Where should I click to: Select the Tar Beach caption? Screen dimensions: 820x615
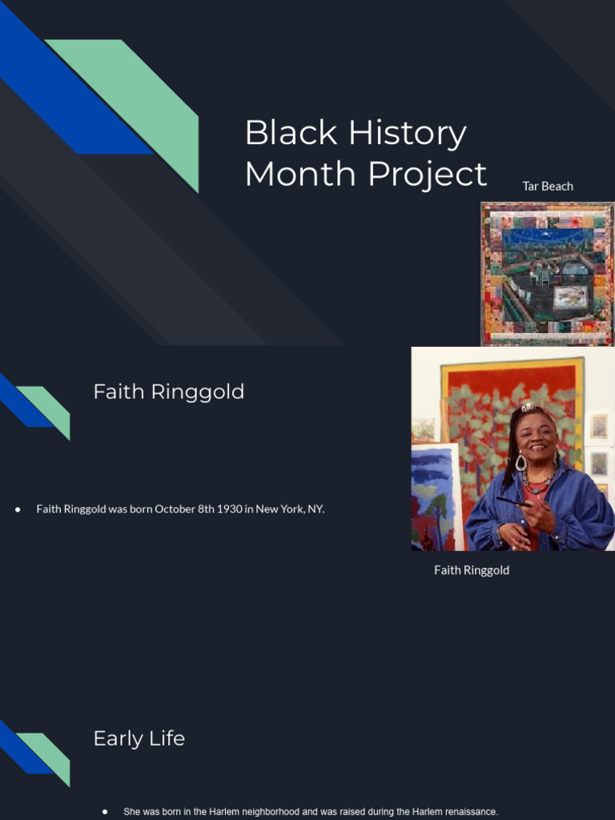tap(548, 186)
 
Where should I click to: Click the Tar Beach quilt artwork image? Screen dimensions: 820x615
tap(548, 274)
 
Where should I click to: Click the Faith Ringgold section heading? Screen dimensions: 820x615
tap(168, 392)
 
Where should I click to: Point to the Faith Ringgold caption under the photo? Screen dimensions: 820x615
tap(472, 570)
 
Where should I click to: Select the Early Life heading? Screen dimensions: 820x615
tap(139, 738)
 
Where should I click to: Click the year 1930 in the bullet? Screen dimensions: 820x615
tap(227, 508)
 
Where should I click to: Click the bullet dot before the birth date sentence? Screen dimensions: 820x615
tap(18, 509)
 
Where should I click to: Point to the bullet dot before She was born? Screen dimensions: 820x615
tap(105, 811)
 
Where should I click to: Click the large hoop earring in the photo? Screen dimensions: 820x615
tap(521, 462)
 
